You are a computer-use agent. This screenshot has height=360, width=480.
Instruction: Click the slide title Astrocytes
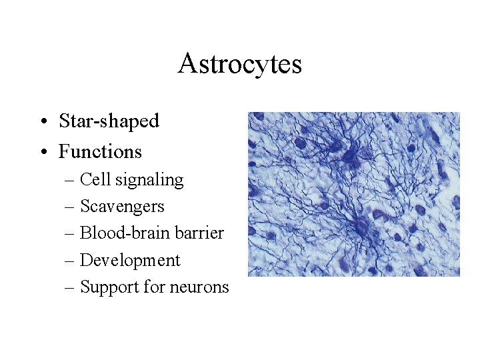(239, 64)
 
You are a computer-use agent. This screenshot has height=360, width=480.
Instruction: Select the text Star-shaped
(109, 121)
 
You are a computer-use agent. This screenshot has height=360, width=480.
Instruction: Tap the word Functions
(100, 152)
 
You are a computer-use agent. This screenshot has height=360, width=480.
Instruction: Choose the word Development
(130, 261)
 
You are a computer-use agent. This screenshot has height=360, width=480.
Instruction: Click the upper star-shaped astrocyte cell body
(349, 156)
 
